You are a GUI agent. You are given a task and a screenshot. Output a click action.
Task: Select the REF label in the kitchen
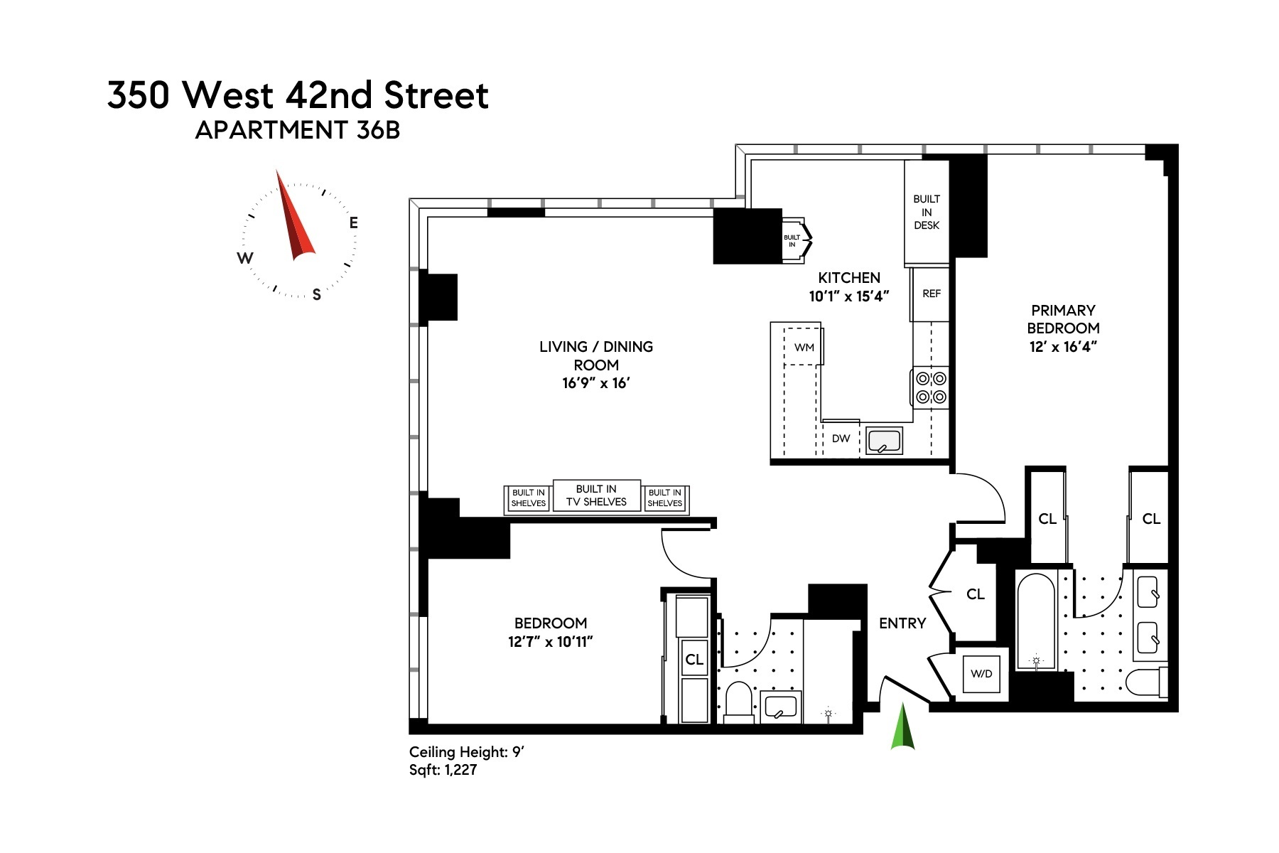click(x=931, y=294)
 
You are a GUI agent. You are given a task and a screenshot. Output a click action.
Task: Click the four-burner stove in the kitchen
click(x=930, y=388)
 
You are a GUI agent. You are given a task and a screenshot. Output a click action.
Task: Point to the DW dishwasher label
click(x=841, y=439)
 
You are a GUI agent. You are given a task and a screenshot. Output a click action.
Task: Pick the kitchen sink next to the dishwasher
click(x=884, y=439)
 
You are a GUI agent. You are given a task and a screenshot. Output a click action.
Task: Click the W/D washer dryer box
click(x=981, y=673)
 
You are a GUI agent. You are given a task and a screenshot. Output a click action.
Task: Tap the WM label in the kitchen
click(x=804, y=348)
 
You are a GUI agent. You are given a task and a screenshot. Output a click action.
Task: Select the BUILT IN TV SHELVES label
click(x=596, y=495)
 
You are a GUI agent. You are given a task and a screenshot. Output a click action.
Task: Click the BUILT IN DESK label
click(x=927, y=212)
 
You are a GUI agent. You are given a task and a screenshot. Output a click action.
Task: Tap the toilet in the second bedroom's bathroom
click(x=738, y=702)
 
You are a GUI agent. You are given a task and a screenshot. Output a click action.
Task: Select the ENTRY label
click(x=902, y=623)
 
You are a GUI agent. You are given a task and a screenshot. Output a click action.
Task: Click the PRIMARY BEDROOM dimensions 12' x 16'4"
click(x=1063, y=347)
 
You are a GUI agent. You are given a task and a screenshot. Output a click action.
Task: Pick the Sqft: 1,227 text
click(x=443, y=770)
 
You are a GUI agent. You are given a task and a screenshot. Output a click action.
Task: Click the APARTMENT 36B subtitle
click(x=297, y=130)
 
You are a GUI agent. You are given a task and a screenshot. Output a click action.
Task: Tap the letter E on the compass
click(x=353, y=222)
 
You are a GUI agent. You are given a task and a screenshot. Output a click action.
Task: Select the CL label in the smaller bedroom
click(x=694, y=660)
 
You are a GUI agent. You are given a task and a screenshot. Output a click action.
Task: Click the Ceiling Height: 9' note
click(x=466, y=752)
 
